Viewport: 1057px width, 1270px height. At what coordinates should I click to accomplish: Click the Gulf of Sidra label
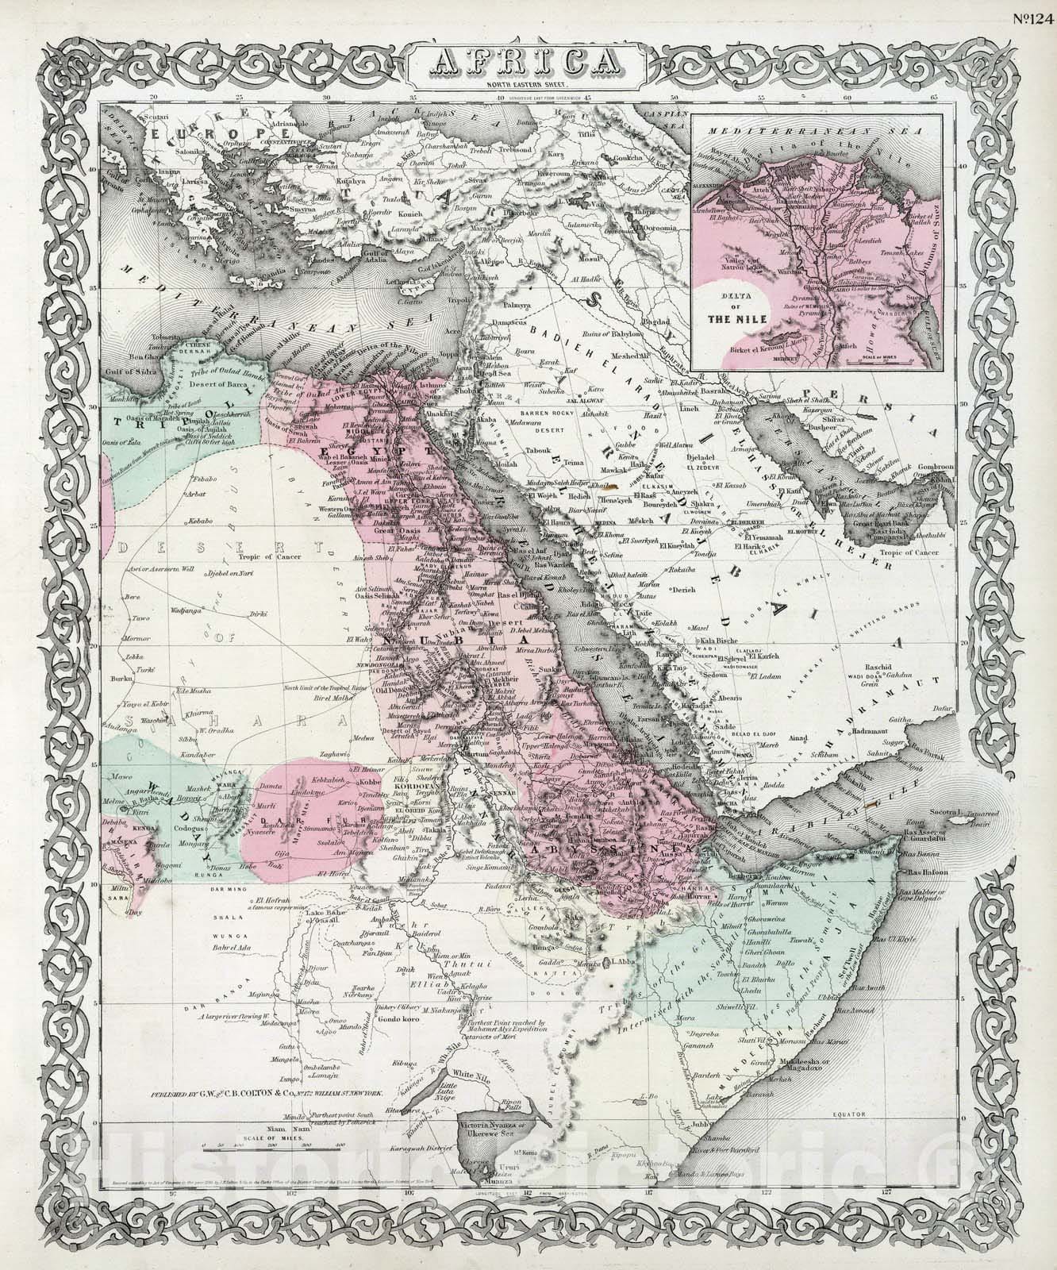(x=132, y=371)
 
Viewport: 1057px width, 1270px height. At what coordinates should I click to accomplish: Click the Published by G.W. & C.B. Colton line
(x=268, y=1093)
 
